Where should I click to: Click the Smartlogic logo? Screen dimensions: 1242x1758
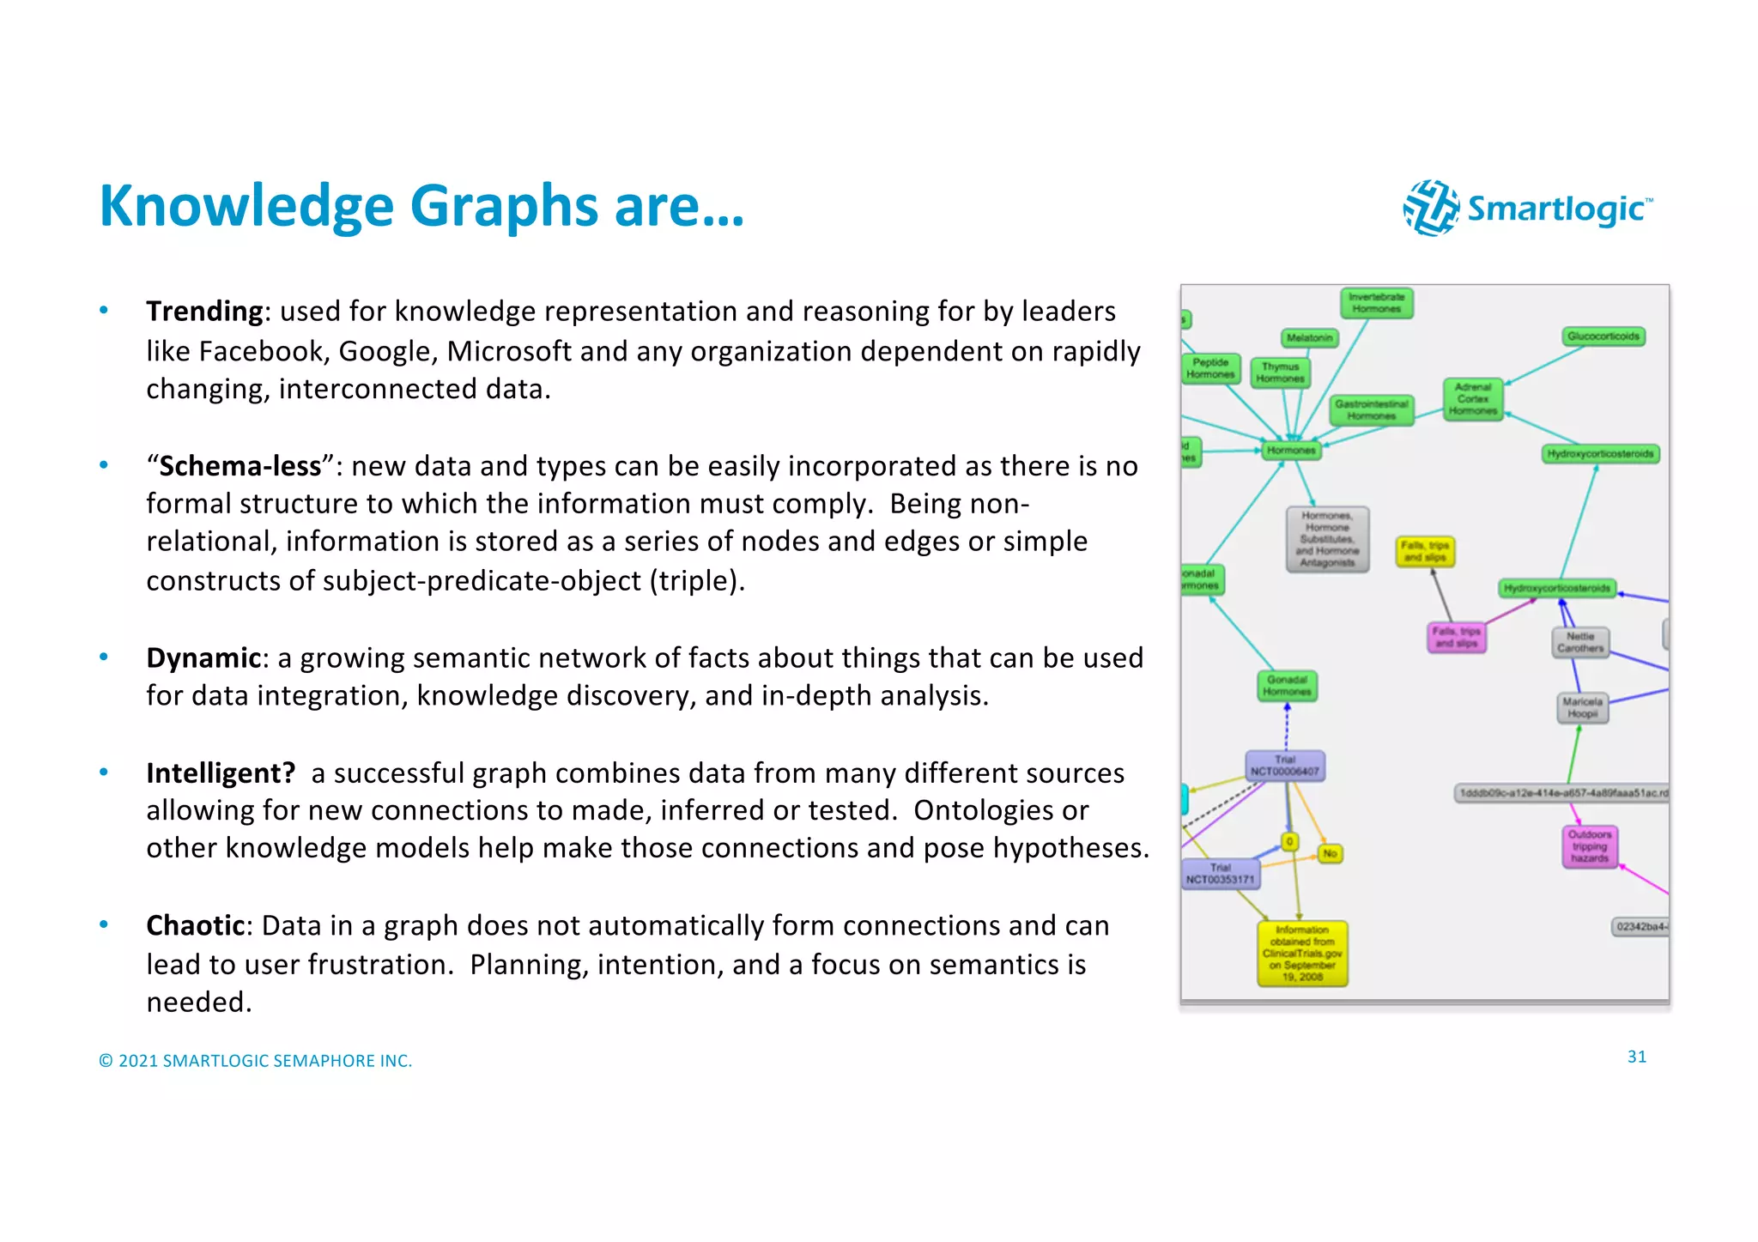(x=1528, y=208)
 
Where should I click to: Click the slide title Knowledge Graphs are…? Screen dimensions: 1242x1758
(x=421, y=206)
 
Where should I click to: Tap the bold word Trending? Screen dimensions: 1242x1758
(x=204, y=311)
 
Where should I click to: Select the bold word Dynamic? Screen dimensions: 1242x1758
(x=203, y=657)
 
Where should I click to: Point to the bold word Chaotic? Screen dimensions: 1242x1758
(x=196, y=925)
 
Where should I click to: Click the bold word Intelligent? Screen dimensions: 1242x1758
(x=221, y=772)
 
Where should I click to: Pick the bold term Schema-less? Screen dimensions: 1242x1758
(x=240, y=466)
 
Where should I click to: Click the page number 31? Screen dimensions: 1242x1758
(x=1636, y=1057)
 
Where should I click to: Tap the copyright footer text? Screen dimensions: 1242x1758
(x=256, y=1061)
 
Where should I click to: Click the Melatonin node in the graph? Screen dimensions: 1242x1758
(x=1309, y=338)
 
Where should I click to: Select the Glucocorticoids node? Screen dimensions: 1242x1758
(x=1603, y=336)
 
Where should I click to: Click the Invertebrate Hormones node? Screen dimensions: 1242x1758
(x=1376, y=303)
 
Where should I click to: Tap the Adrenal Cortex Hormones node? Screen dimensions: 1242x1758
(x=1473, y=399)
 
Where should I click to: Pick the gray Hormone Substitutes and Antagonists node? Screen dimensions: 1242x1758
(x=1327, y=539)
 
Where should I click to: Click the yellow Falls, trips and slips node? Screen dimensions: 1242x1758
(x=1425, y=551)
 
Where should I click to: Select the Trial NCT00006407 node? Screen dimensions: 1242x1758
(x=1285, y=766)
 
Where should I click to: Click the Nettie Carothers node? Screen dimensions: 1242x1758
(x=1580, y=642)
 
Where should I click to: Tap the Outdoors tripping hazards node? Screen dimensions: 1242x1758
(x=1590, y=846)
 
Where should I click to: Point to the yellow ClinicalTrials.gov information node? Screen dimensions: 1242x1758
(x=1302, y=953)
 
